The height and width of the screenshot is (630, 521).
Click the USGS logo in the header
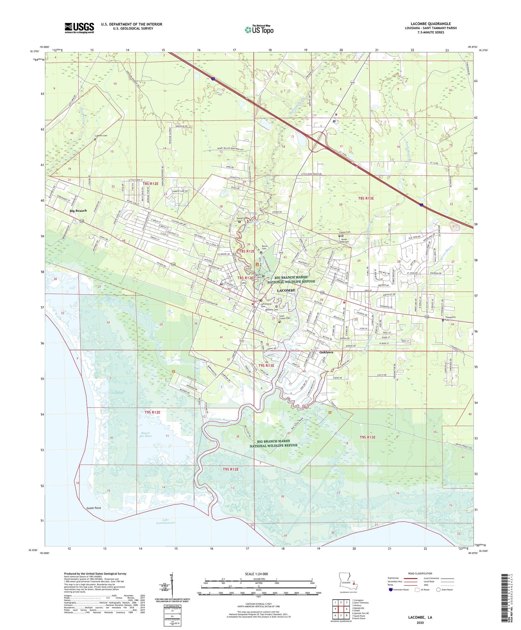79,28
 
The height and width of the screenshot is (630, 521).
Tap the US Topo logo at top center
259,29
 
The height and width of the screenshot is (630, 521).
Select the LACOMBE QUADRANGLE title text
431,24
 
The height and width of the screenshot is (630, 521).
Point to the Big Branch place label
78,211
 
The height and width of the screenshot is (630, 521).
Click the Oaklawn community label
326,352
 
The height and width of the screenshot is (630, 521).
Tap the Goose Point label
94,508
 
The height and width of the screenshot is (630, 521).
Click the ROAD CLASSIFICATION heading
420,573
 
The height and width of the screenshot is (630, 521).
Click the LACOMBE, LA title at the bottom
420,617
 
